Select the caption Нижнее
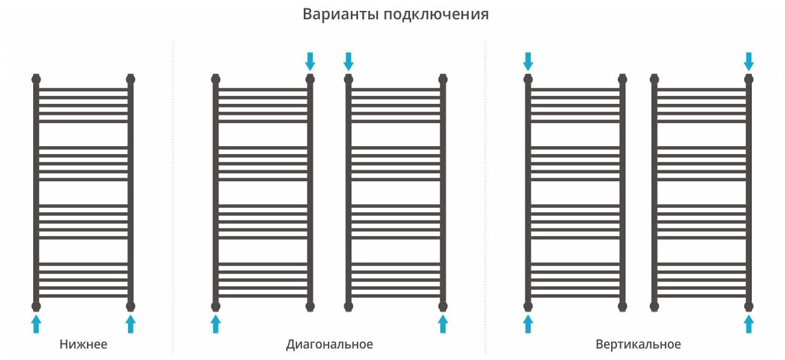pyautogui.click(x=83, y=345)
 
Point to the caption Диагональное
pyautogui.click(x=330, y=345)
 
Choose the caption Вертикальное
pyautogui.click(x=638, y=345)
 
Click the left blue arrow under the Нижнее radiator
pyautogui.click(x=36, y=324)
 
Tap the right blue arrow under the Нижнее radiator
pyautogui.click(x=130, y=324)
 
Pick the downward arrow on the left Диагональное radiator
pyautogui.click(x=310, y=61)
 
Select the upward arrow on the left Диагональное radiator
pyautogui.click(x=216, y=324)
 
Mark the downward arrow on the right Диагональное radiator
pyautogui.click(x=348, y=61)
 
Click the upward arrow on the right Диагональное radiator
pyautogui.click(x=443, y=324)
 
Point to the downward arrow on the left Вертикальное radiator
pyautogui.click(x=528, y=61)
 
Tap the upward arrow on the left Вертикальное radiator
pyautogui.click(x=528, y=324)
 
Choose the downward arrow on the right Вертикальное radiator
pyautogui.click(x=749, y=61)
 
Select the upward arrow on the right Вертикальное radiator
pyautogui.click(x=749, y=324)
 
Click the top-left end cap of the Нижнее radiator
pyautogui.click(x=36, y=79)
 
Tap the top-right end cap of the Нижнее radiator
pyautogui.click(x=130, y=79)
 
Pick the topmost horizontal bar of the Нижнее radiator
pyautogui.click(x=83, y=89)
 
